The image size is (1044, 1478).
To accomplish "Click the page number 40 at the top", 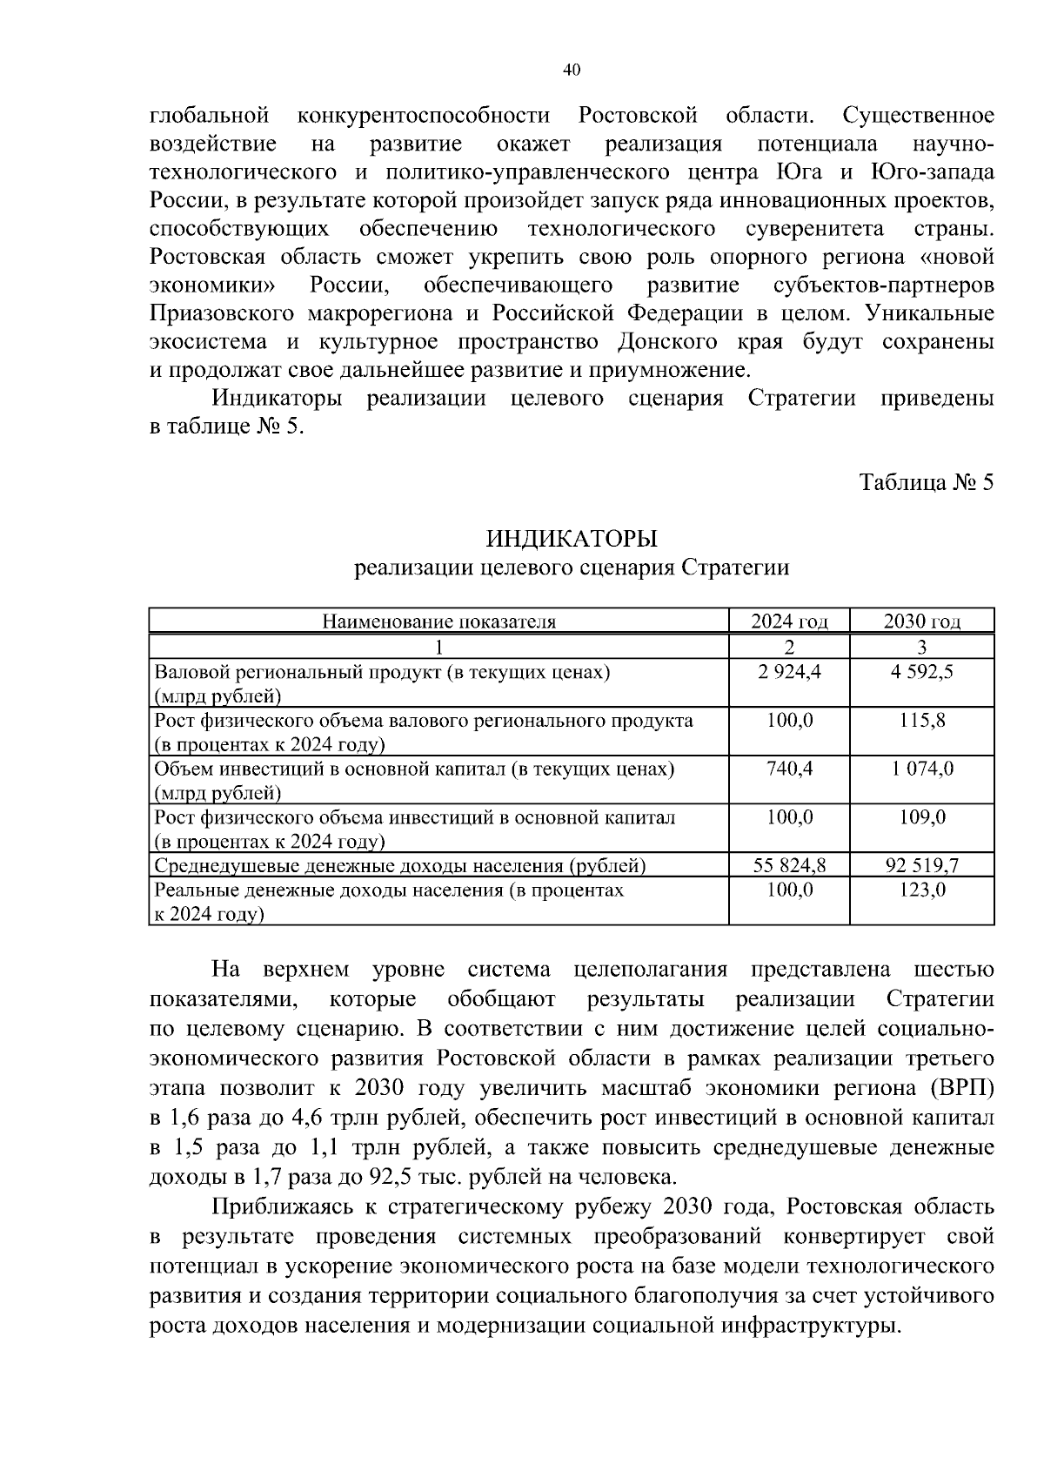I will (x=572, y=71).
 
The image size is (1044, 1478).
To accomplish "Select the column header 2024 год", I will (x=789, y=621).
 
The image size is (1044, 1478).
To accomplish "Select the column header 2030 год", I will (x=922, y=621).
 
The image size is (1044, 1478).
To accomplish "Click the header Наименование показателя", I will (x=438, y=621).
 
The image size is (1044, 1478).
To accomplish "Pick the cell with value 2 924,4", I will (x=789, y=672).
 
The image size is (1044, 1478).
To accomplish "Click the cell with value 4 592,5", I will (x=922, y=672).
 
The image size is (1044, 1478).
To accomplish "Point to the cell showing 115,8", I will (x=922, y=721).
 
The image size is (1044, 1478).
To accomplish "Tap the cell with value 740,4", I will (x=789, y=769).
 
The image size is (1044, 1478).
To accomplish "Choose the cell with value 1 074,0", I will (x=922, y=769).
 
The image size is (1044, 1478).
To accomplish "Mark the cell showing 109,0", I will (x=922, y=817).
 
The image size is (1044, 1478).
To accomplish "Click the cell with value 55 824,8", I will (x=789, y=866).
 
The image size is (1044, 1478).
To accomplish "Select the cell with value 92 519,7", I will (x=922, y=866).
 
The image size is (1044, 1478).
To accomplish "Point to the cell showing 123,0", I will (x=922, y=890).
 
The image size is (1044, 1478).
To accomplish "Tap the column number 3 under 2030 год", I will (x=922, y=647).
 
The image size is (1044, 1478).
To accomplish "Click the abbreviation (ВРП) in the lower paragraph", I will (x=961, y=1089).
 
